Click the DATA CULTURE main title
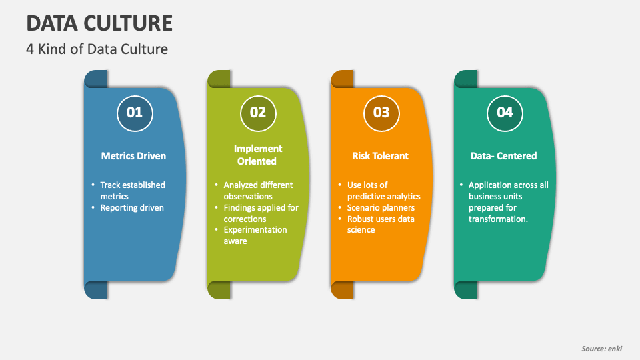point(99,23)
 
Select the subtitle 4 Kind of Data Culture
point(97,49)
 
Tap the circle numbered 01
point(135,113)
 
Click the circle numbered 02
point(258,113)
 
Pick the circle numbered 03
point(381,113)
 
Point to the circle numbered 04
point(505,113)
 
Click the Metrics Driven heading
point(133,156)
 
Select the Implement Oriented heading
point(257,155)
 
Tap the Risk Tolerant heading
point(381,156)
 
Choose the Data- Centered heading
point(503,156)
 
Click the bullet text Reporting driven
point(132,208)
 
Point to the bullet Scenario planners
point(381,208)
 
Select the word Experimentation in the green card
point(255,230)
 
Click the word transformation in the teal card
point(498,219)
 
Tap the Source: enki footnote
point(601,349)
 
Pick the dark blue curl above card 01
point(95,79)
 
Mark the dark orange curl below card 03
point(342,290)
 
